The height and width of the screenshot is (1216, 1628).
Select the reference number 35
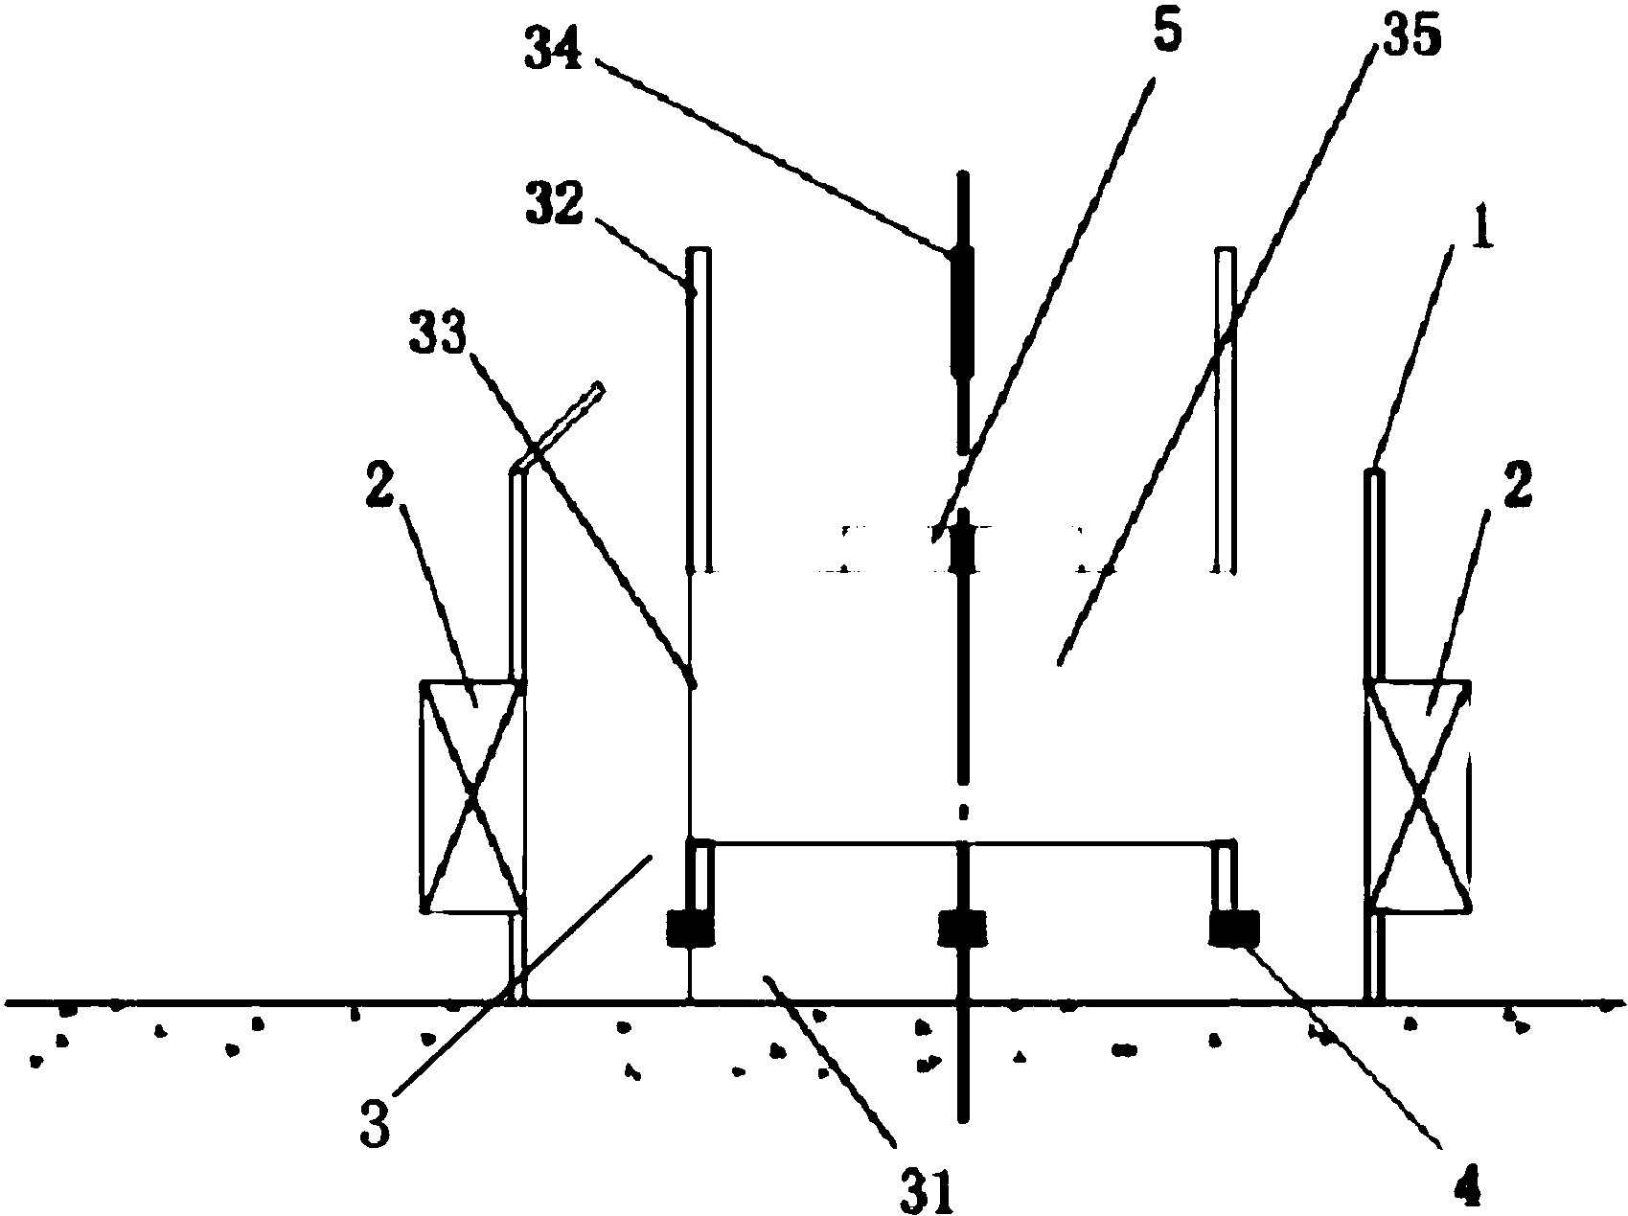click(x=1405, y=38)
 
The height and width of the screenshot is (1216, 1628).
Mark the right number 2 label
click(x=1519, y=486)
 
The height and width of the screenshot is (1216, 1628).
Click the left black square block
click(x=691, y=929)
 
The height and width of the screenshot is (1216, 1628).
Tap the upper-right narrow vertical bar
click(x=1225, y=410)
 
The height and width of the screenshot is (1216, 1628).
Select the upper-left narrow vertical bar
click(x=699, y=410)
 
